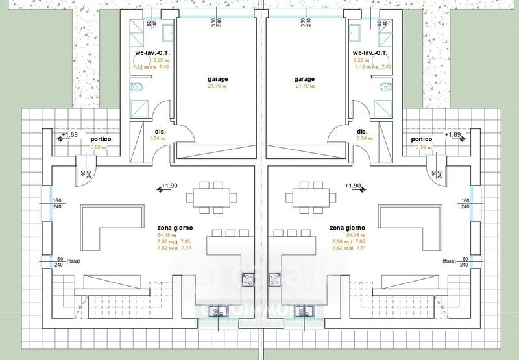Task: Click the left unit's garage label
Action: click(218, 79)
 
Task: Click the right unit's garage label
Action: click(304, 79)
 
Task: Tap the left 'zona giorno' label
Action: click(175, 228)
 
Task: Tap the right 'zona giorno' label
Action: click(347, 228)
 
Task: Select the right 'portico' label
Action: click(422, 139)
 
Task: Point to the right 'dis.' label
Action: click(362, 131)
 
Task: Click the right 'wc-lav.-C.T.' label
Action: click(371, 53)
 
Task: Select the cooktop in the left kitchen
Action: click(247, 280)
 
